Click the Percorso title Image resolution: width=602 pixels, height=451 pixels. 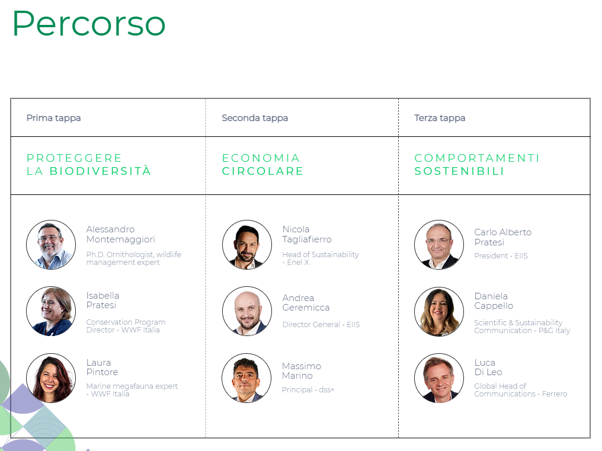point(89,24)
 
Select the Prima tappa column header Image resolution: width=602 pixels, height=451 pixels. point(53,118)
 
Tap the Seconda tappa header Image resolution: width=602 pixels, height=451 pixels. point(255,118)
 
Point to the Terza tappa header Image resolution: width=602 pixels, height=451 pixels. point(440,118)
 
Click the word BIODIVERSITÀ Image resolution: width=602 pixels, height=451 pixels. point(100,171)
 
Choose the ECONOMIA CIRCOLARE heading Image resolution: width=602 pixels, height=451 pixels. point(262,164)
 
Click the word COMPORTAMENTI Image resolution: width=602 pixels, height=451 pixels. point(477,158)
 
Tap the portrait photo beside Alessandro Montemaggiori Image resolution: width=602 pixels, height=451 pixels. point(51,245)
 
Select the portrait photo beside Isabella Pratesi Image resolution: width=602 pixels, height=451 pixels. point(51,311)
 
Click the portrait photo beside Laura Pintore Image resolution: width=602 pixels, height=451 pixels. point(51,378)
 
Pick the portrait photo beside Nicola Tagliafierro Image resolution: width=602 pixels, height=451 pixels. point(247,245)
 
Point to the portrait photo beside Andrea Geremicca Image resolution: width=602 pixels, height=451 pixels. point(247,311)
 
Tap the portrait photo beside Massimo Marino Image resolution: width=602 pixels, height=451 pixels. point(246,378)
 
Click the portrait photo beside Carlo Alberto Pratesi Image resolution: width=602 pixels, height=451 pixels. point(439,245)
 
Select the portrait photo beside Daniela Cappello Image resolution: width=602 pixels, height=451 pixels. point(439,312)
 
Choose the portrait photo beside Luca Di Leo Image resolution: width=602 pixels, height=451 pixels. point(439,378)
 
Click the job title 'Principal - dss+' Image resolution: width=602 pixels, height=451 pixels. point(308,389)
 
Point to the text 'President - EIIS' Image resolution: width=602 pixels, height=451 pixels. point(501,255)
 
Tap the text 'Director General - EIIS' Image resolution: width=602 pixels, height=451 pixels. point(321,324)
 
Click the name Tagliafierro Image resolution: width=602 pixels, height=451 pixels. point(307,239)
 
